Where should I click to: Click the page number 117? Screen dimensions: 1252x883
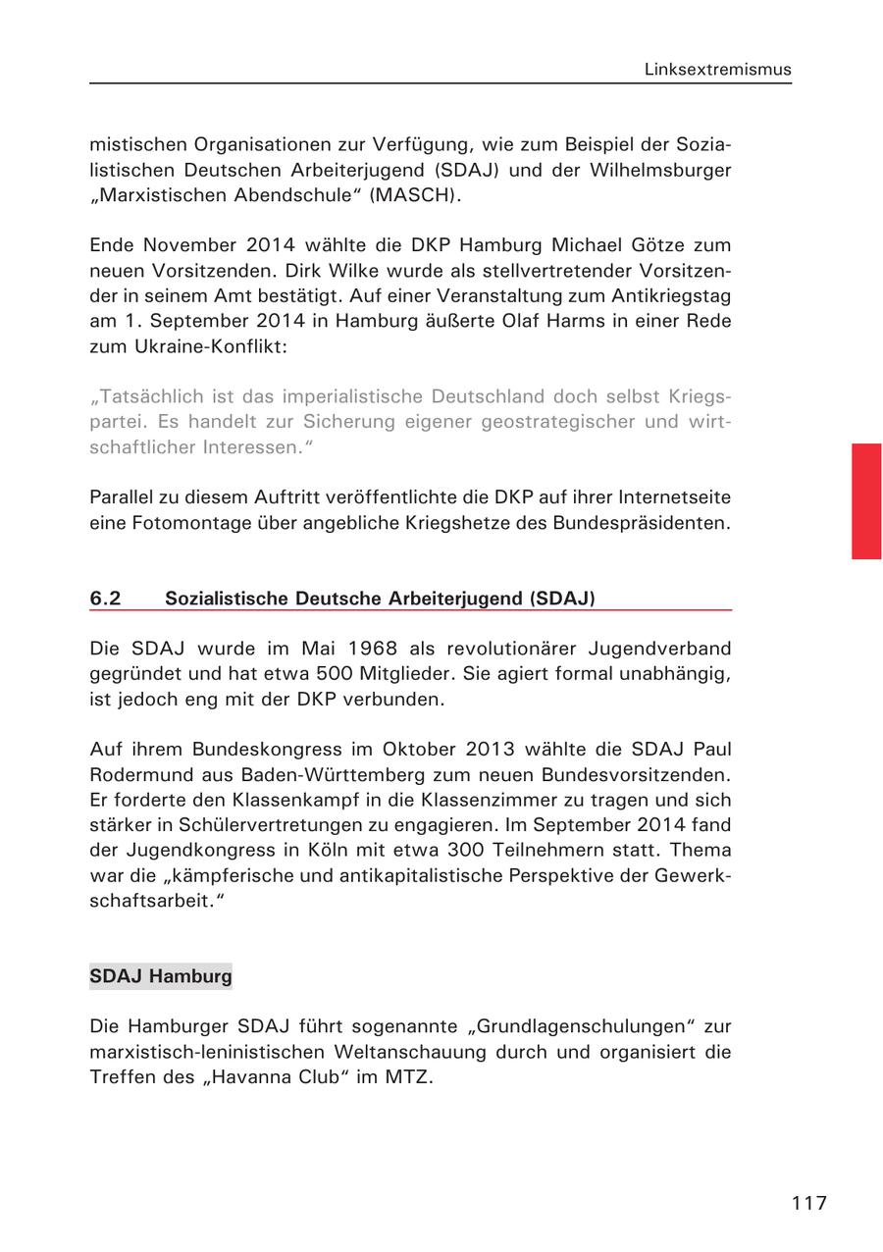coord(809,1203)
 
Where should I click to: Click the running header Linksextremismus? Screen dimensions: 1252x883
coord(717,70)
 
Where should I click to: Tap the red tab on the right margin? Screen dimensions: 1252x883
coord(866,500)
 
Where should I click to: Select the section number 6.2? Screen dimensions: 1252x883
coord(105,598)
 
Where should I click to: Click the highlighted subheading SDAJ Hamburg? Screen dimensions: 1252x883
coord(161,976)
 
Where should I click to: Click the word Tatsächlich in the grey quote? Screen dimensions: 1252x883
coord(148,396)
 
